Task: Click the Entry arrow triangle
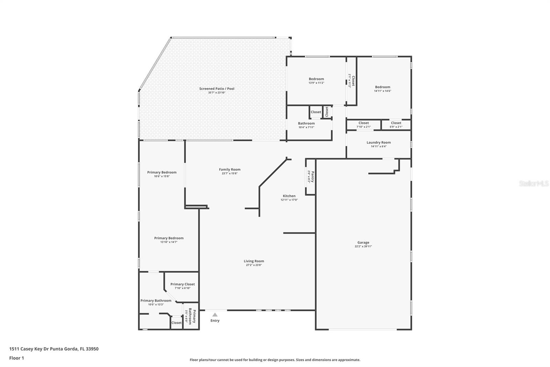[215, 315]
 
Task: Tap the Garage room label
[363, 242]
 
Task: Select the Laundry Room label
[378, 143]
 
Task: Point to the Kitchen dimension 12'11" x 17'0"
[289, 200]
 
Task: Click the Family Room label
[230, 169]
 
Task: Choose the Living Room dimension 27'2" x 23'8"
[254, 265]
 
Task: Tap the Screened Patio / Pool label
[217, 89]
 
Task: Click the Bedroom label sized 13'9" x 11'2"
[316, 79]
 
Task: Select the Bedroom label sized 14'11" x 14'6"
[383, 87]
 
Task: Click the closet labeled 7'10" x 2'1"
[363, 123]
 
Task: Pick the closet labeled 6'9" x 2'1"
[396, 123]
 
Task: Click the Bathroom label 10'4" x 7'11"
[306, 123]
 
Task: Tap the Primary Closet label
[183, 284]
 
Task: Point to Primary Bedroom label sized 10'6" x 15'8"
[162, 172]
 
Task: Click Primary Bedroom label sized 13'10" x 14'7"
[169, 238]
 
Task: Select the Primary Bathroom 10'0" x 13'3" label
[156, 301]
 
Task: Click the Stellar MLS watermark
[533, 184]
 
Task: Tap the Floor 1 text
[16, 358]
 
